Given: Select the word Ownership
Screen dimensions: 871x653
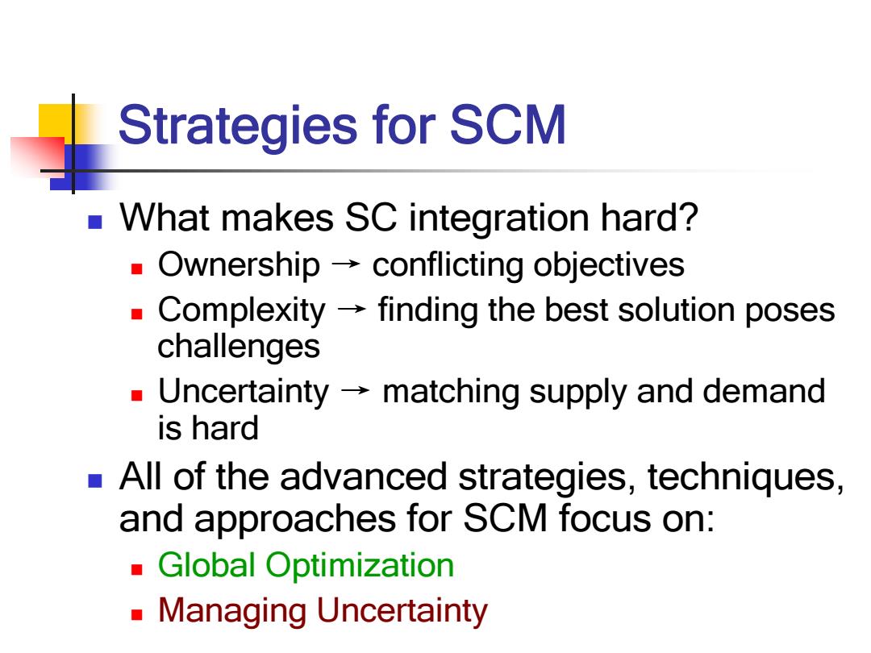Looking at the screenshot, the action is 239,265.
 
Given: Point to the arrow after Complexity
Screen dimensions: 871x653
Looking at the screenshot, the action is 351,309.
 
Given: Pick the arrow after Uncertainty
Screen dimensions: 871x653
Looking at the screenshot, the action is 355,390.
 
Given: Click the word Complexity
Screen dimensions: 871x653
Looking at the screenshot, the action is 242,310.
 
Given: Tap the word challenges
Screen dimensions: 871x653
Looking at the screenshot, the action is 239,347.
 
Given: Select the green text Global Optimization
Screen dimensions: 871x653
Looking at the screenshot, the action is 306,566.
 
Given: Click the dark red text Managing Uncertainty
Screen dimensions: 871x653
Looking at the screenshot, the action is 323,611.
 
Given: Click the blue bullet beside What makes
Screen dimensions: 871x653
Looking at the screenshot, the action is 95,223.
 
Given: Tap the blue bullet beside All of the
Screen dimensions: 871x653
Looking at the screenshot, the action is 95,480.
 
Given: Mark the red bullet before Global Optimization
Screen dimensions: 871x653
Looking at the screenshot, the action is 136,570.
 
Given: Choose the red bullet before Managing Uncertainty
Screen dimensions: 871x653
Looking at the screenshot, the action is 136,614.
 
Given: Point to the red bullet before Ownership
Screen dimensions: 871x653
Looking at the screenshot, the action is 136,269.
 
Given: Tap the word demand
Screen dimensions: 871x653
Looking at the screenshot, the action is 764,391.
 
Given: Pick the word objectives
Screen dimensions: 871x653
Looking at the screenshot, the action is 609,265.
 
